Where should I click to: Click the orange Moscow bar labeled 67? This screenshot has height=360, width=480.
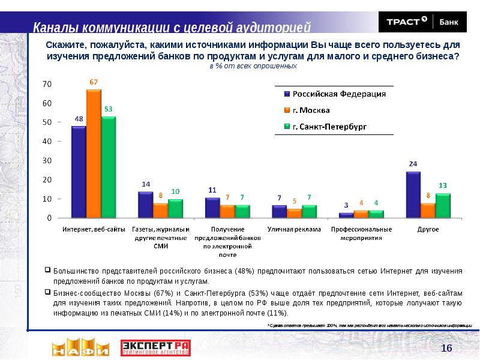click(x=94, y=154)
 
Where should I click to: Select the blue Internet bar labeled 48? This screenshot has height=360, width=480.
click(x=79, y=172)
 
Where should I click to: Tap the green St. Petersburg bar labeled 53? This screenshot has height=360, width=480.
click(x=109, y=167)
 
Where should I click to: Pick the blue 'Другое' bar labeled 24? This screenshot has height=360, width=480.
click(x=413, y=194)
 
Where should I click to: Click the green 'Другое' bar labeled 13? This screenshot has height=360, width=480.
click(x=443, y=205)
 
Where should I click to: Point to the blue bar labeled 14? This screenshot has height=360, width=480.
click(x=145, y=204)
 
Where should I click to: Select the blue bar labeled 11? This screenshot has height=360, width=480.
click(x=212, y=207)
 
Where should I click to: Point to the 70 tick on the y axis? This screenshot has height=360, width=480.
click(x=46, y=85)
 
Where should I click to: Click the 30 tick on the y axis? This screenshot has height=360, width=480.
click(x=46, y=161)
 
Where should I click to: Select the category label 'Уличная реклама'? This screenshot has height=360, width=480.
click(x=294, y=229)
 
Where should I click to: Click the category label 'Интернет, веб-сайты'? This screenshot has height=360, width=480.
click(x=93, y=229)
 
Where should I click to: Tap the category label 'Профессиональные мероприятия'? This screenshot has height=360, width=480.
click(x=361, y=233)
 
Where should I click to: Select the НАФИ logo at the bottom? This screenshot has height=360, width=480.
click(x=80, y=348)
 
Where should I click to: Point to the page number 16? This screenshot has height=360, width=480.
click(x=446, y=349)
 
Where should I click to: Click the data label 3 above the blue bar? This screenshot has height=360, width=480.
click(x=346, y=206)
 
